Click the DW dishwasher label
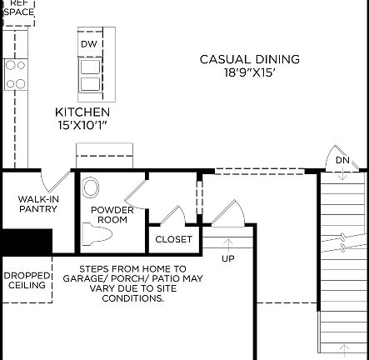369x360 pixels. click(89, 44)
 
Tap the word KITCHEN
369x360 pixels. click(82, 112)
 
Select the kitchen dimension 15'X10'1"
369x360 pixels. click(82, 125)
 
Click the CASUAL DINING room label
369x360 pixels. click(249, 59)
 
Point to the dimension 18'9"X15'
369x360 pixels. click(249, 72)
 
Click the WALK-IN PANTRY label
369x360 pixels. click(37, 204)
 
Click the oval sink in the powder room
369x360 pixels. click(91, 187)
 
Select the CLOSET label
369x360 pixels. click(173, 239)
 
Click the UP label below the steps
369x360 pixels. click(227, 258)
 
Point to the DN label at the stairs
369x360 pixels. click(342, 160)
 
